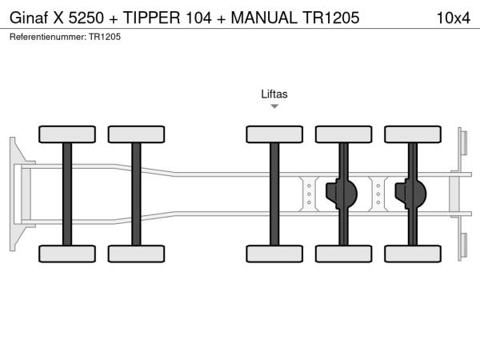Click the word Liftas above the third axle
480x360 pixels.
[x=274, y=94]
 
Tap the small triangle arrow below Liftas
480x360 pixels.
[x=274, y=106]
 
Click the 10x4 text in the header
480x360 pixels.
[x=453, y=17]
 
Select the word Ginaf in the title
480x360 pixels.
[x=28, y=17]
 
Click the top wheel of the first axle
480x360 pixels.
[x=67, y=134]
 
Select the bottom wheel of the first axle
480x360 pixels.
[x=67, y=254]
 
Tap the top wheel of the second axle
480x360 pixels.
[x=136, y=134]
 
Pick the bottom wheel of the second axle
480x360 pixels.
[x=136, y=254]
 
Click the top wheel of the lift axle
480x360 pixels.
[x=274, y=134]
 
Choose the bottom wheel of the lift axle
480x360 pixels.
[x=274, y=254]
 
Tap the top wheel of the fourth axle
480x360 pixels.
[x=343, y=134]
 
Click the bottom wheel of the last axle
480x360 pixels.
[x=412, y=254]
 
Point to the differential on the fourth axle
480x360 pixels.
[x=345, y=194]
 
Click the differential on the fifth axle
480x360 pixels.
[x=414, y=194]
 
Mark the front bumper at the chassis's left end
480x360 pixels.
[x=16, y=194]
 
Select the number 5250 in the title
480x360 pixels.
[x=86, y=17]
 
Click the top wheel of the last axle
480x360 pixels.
[x=412, y=134]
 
